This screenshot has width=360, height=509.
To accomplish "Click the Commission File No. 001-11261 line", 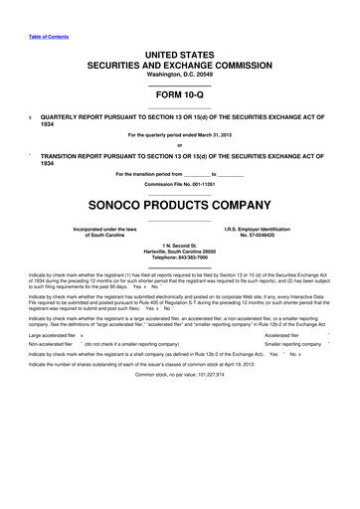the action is (179, 185).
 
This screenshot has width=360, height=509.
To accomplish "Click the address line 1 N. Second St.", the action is (179, 245).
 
